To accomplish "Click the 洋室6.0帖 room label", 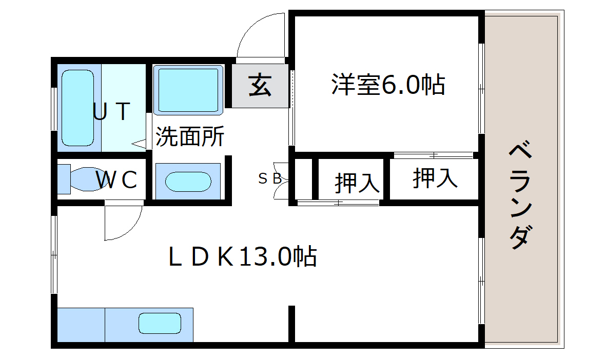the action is click(x=388, y=84).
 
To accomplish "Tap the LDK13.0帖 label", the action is click(x=243, y=256).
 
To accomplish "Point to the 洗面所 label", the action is click(x=190, y=136).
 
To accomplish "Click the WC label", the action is click(x=116, y=179).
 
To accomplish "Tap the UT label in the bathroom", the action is click(x=111, y=111).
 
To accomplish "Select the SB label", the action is click(x=270, y=178).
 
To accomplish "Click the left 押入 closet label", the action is click(x=357, y=183).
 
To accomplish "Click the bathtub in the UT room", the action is click(x=77, y=108).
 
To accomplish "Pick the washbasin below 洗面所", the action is click(x=188, y=182).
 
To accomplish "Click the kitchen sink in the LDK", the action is click(x=160, y=323).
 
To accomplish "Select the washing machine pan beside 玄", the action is click(x=188, y=90).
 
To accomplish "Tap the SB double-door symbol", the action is click(x=281, y=181).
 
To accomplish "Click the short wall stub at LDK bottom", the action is click(x=292, y=324).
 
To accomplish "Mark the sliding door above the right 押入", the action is click(x=433, y=155).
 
